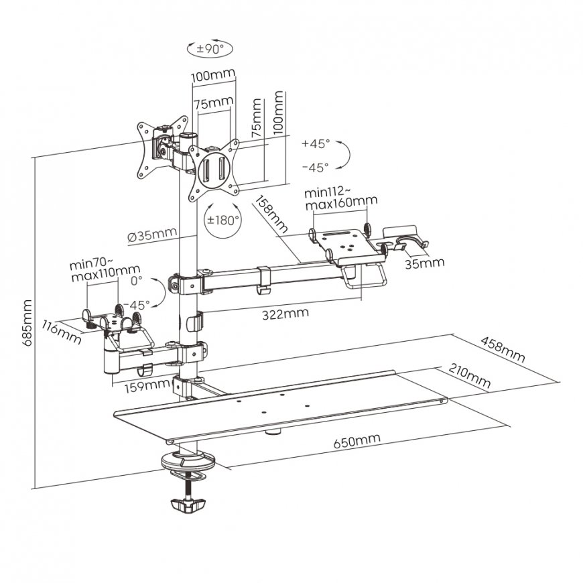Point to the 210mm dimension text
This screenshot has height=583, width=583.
click(x=469, y=377)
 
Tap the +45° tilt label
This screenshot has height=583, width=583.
click(x=316, y=144)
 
